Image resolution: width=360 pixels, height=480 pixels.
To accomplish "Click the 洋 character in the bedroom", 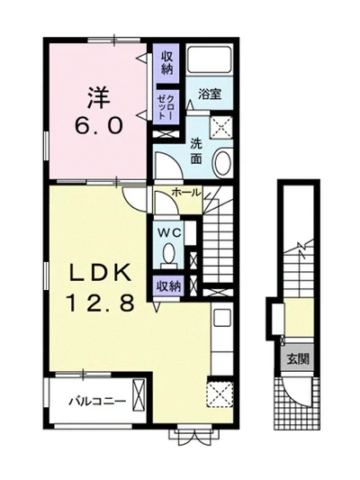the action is point(98,97).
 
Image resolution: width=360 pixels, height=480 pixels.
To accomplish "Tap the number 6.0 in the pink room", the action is point(99,125).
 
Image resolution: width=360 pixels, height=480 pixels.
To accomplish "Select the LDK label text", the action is point(100,272).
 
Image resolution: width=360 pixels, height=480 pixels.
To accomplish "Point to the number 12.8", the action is point(100,303).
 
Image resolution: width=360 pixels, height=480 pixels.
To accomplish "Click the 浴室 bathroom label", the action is point(210,94).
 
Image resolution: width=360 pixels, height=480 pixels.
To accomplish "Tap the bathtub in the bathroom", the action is point(210,59).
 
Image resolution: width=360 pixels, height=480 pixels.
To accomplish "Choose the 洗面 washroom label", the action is point(196,151).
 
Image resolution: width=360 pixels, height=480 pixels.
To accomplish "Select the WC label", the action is point(169,233).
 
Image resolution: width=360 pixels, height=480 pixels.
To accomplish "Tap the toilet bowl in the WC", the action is point(169,254).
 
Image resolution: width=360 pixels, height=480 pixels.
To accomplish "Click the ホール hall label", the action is point(186,192).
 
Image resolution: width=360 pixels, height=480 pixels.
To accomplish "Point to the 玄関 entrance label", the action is point(297,358).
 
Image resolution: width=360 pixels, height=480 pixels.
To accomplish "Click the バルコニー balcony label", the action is point(97,402).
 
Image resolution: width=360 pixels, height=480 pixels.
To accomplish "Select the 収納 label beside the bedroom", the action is point(167,63).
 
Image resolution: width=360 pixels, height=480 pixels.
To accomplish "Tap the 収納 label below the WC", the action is point(169,286).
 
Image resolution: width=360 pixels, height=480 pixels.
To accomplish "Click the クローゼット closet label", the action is point(166,107).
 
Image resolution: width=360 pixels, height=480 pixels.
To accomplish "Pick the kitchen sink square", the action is point(222,318).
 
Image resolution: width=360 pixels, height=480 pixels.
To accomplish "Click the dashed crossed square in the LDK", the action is point(220,394).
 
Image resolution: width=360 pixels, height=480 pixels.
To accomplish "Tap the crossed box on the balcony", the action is point(139,395).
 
